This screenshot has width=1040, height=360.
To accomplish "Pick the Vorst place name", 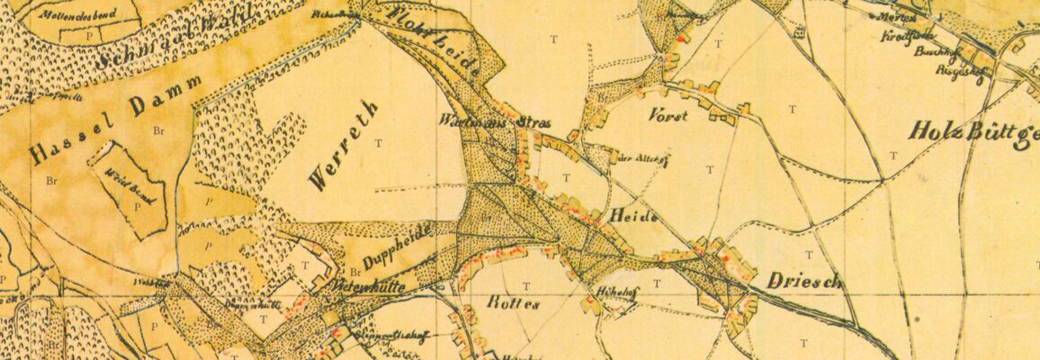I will (668, 116).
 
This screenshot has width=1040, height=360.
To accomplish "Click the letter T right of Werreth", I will (379, 142).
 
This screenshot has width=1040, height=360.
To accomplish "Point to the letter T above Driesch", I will (807, 255).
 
